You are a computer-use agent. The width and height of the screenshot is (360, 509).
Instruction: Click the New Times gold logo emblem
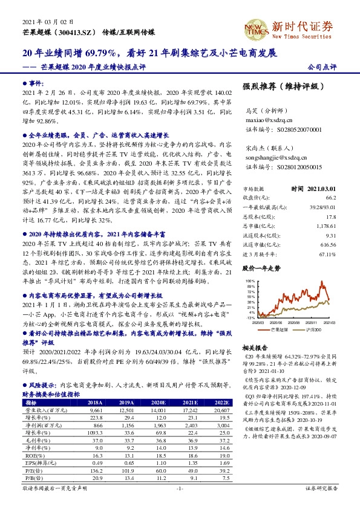(x=252, y=26)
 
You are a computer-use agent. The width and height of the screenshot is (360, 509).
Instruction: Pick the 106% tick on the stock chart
(x=249, y=281)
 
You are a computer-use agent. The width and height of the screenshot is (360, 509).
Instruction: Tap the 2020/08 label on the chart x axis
(x=279, y=323)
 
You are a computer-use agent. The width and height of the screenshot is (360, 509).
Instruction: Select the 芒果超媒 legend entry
(x=280, y=330)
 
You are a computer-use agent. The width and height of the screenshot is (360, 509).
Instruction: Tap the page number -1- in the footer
(x=179, y=504)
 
